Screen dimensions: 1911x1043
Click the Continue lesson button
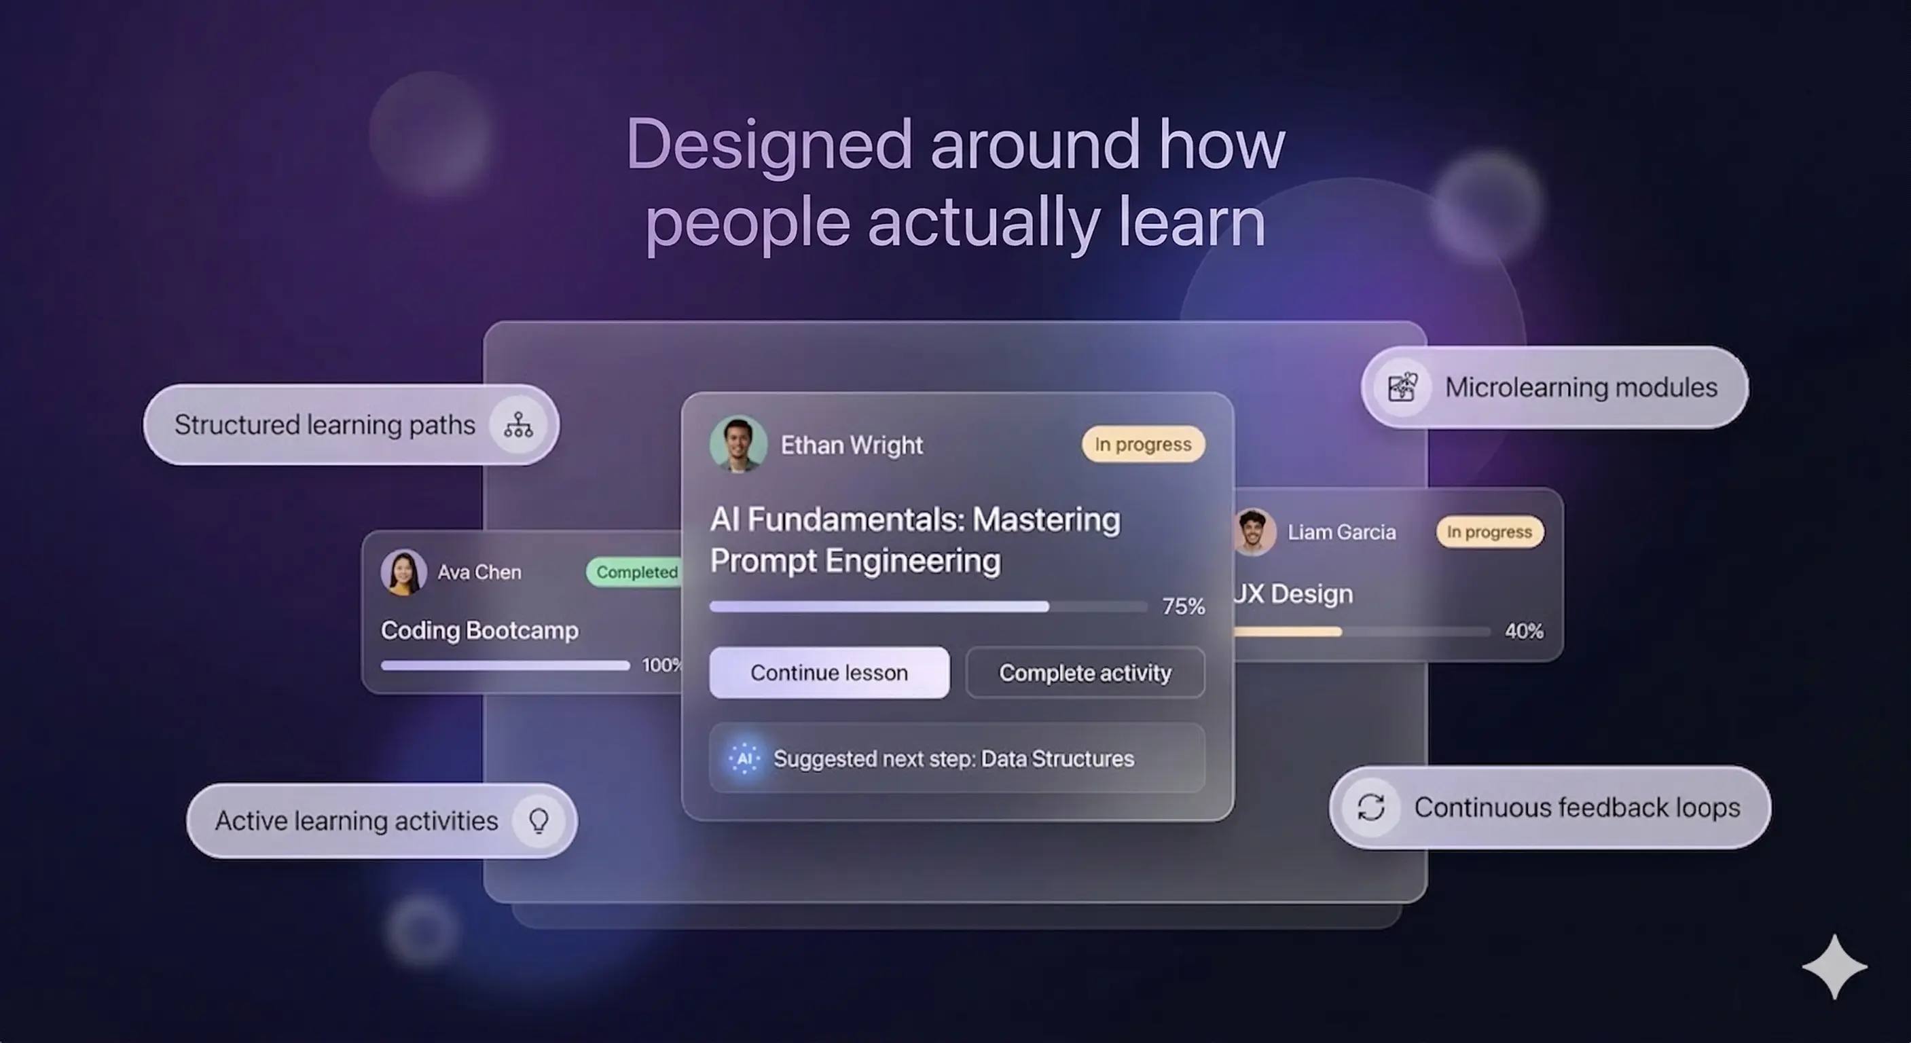point(829,672)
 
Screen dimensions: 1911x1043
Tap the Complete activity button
point(1085,672)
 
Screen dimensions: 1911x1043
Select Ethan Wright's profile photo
point(738,443)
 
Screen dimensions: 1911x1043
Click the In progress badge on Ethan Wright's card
point(1143,443)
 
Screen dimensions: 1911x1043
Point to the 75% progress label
point(1183,606)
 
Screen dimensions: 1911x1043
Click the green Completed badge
point(636,572)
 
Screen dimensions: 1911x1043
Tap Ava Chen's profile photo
point(403,572)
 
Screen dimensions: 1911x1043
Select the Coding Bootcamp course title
point(479,629)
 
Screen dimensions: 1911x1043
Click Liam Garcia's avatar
point(1254,532)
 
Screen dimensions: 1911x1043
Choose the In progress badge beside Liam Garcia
point(1490,532)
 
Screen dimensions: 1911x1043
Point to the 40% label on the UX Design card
point(1524,631)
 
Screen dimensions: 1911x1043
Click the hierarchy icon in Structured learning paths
point(517,424)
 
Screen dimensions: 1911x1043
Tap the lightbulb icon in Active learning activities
point(539,820)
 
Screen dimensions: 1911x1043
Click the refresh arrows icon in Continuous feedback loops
point(1371,807)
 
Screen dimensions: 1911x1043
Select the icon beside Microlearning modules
point(1402,386)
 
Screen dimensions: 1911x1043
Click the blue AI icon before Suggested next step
point(745,758)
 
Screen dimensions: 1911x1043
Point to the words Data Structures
point(1057,758)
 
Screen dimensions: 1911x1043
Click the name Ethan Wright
point(852,445)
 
